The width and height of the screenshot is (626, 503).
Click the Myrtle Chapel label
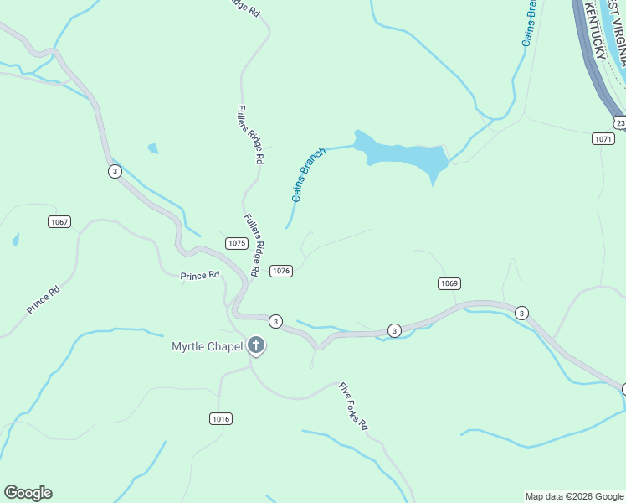pyautogui.click(x=207, y=346)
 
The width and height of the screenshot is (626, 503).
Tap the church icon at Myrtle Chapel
pyautogui.click(x=255, y=345)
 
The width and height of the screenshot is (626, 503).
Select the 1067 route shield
pyautogui.click(x=59, y=222)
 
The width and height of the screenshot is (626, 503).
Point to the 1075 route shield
pyautogui.click(x=236, y=243)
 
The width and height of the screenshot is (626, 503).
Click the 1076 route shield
pyautogui.click(x=281, y=270)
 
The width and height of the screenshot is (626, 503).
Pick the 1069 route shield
pyautogui.click(x=449, y=283)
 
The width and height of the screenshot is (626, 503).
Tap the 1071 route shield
pyautogui.click(x=603, y=138)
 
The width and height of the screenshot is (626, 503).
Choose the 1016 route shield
pyautogui.click(x=221, y=418)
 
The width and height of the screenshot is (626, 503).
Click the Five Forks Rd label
pyautogui.click(x=354, y=407)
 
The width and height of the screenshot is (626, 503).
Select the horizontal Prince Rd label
pyautogui.click(x=200, y=275)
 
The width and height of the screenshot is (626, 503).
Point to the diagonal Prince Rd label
pyautogui.click(x=43, y=300)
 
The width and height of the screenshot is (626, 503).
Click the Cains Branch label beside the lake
pyautogui.click(x=308, y=174)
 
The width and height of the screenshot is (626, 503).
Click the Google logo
pyautogui.click(x=28, y=493)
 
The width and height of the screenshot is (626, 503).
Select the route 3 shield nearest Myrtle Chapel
pyautogui.click(x=275, y=321)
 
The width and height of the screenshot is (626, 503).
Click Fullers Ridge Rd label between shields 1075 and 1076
pyautogui.click(x=256, y=244)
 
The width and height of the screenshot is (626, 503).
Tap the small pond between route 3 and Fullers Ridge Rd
pyautogui.click(x=153, y=148)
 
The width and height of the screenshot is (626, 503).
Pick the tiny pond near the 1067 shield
pyautogui.click(x=16, y=240)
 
